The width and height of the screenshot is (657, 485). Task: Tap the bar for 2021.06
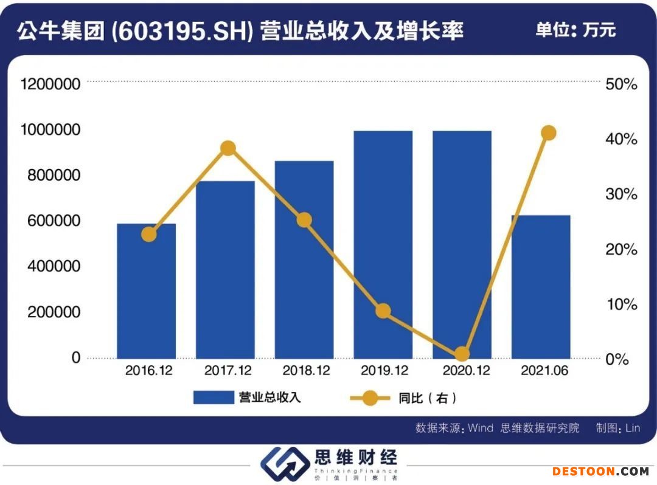point(540,286)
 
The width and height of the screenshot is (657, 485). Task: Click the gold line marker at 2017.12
point(228,148)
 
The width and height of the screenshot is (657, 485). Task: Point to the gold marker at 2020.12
point(462,354)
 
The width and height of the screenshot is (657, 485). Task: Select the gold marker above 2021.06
point(549,133)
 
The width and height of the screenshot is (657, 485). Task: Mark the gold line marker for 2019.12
point(383,311)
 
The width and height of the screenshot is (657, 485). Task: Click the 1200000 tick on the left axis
point(50,84)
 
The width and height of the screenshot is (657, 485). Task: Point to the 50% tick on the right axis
point(621,84)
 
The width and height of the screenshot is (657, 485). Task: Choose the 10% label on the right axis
point(621,304)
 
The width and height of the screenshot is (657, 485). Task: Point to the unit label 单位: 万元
point(575,29)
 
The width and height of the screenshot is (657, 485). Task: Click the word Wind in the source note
point(480,428)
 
